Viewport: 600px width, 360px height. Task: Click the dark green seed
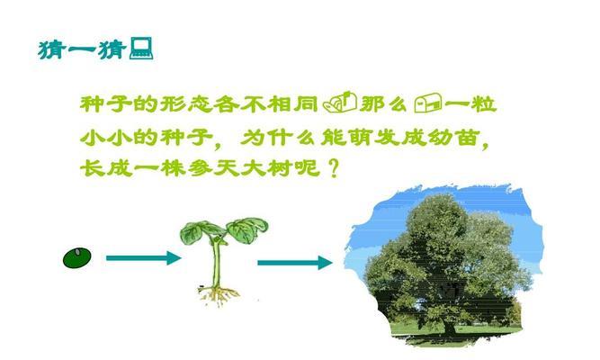[77, 257]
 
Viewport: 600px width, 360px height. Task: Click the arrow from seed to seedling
[144, 257]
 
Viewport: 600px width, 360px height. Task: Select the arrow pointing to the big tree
[295, 263]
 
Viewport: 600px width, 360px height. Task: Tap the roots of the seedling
[219, 295]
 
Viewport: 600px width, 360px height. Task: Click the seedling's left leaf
[199, 231]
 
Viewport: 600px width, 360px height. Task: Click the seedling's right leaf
[247, 229]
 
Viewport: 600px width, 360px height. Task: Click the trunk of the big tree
[449, 328]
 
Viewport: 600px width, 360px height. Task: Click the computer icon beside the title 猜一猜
[141, 49]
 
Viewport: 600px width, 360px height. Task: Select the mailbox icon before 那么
[340, 103]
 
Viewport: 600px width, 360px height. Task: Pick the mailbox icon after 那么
[428, 103]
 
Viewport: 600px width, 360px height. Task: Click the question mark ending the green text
[334, 168]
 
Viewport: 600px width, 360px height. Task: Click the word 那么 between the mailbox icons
[384, 103]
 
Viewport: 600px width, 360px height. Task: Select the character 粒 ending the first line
[484, 103]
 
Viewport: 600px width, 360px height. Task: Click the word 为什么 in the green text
[277, 137]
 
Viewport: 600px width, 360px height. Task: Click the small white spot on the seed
[77, 252]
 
